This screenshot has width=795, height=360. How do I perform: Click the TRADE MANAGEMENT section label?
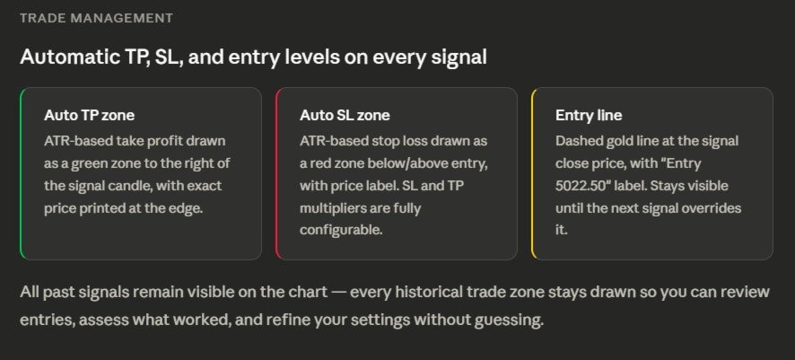coord(96,18)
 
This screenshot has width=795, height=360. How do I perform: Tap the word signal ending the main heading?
coord(459,57)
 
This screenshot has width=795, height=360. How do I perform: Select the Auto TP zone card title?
coord(89,115)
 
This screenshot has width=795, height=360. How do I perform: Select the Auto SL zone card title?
coord(345,115)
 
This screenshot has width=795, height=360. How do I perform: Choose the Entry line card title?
coord(589,115)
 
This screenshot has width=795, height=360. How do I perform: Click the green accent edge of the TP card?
coord(21,173)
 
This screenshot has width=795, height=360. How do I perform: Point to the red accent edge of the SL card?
coord(276,173)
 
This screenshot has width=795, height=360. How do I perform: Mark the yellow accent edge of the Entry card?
coord(532,173)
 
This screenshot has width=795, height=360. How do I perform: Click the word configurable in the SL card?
coord(341,230)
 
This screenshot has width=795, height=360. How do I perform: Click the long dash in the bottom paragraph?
coord(338,293)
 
